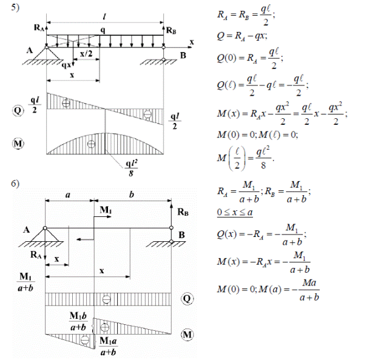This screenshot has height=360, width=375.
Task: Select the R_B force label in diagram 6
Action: [183, 213]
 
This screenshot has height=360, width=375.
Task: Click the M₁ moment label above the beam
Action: [106, 210]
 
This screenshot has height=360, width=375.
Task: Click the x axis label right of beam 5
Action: [191, 42]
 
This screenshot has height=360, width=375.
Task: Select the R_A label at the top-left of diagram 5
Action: [40, 27]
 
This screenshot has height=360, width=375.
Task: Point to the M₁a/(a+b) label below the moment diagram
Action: [109, 345]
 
